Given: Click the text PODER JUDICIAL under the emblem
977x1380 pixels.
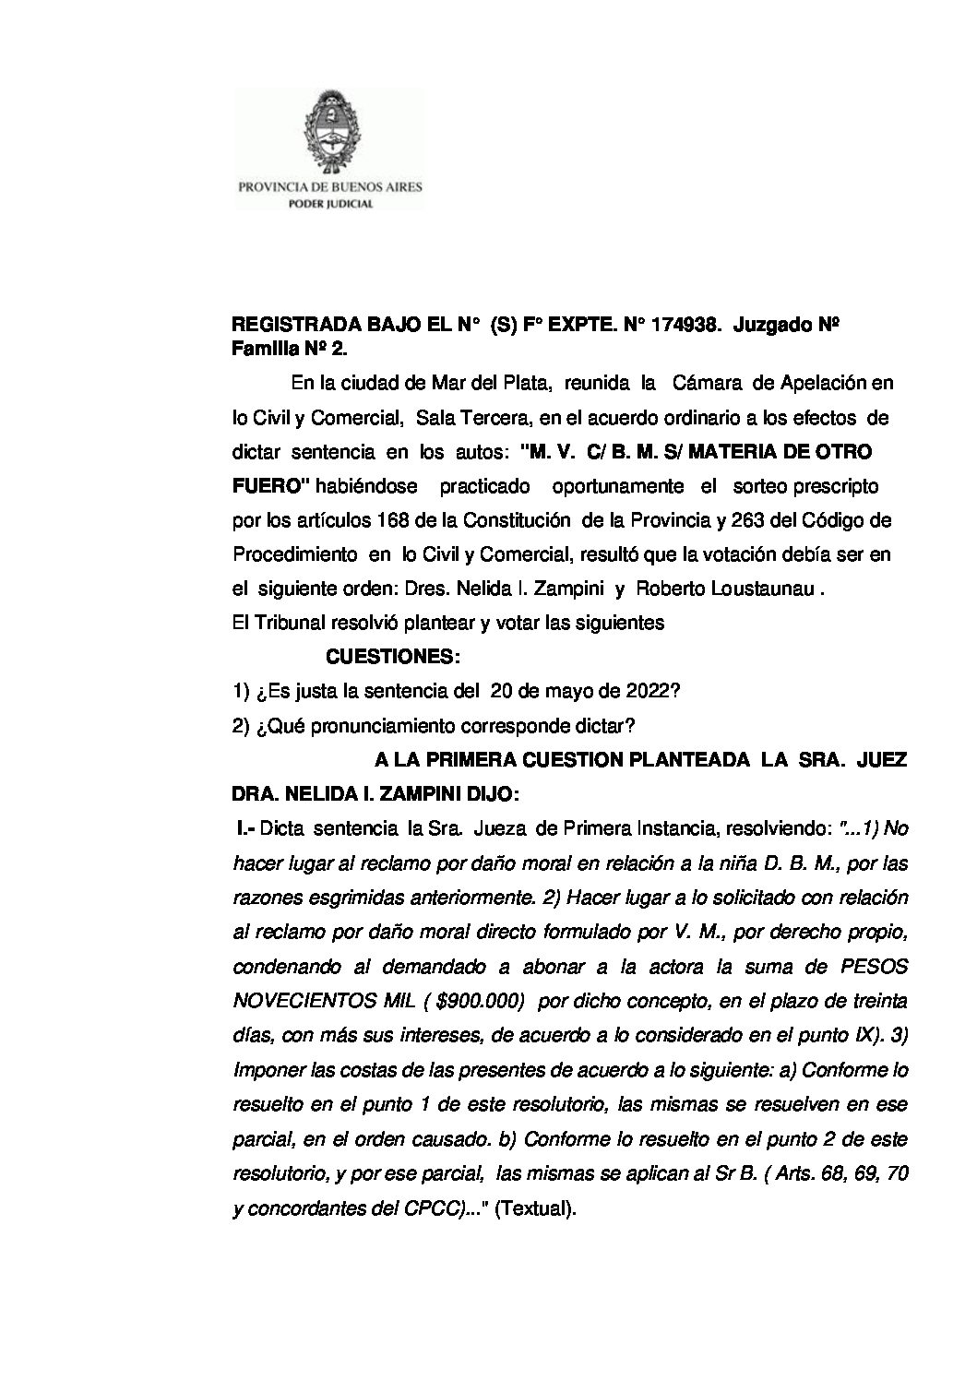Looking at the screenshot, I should click(x=330, y=205).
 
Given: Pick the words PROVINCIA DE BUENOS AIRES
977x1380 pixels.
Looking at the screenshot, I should click(x=330, y=186).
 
